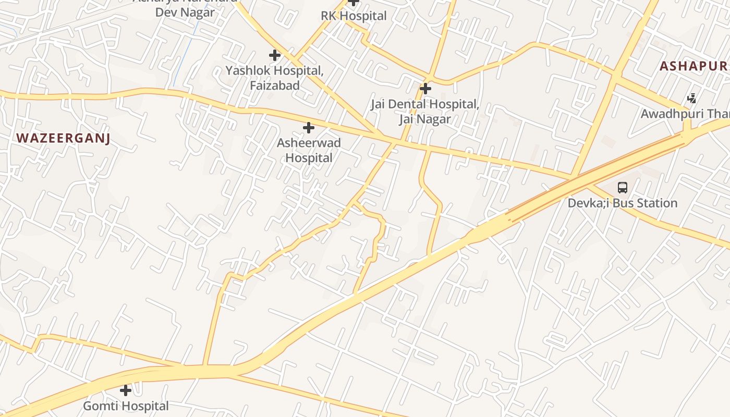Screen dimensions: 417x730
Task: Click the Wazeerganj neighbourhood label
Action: point(63,138)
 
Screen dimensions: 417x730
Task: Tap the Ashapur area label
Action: point(694,66)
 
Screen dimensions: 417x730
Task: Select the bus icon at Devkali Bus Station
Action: point(623,188)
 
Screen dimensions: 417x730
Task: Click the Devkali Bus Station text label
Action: point(623,203)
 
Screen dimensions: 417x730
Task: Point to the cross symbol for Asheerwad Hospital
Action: point(309,127)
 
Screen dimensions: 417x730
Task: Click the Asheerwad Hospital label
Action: point(309,150)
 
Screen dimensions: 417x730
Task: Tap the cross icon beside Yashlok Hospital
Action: point(275,55)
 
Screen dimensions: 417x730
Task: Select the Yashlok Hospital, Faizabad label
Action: point(274,78)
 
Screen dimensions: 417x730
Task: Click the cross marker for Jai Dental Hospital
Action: point(425,89)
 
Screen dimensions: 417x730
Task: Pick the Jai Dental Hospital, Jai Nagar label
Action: point(425,112)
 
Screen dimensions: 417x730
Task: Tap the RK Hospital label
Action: point(354,16)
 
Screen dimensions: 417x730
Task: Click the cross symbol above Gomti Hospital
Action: point(126,390)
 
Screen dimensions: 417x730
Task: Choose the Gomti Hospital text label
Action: point(126,406)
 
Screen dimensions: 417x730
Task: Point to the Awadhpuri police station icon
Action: point(692,97)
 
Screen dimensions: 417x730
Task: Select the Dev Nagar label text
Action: point(185,12)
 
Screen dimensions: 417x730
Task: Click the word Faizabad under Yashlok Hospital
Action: point(275,85)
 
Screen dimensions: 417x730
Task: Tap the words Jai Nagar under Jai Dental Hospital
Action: point(425,119)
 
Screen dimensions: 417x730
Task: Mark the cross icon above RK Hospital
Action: point(354,2)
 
